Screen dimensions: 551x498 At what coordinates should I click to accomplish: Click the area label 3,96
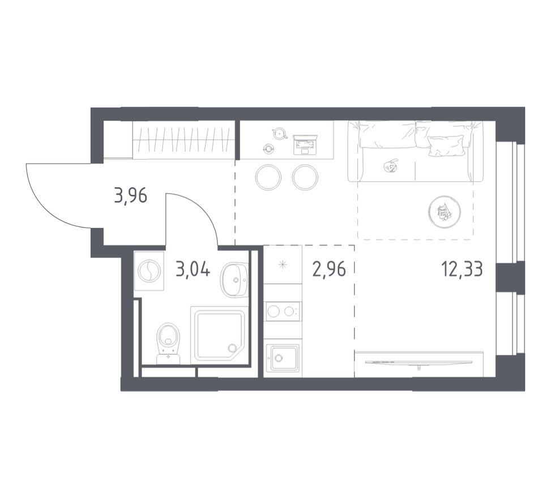130,196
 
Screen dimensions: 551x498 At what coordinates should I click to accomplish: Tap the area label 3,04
193,270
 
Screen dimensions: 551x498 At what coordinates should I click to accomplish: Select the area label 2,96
329,270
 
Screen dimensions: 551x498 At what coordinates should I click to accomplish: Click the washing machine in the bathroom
149,271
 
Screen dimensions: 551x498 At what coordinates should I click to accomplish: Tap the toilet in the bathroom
168,344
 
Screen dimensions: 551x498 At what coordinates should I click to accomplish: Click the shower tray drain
232,348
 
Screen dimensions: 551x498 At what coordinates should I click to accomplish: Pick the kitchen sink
283,358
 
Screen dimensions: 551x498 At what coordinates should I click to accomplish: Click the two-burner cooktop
283,311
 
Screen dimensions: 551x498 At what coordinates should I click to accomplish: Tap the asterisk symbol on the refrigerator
283,265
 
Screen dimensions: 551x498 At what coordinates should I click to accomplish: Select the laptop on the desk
305,144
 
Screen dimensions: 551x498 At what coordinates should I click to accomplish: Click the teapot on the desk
279,133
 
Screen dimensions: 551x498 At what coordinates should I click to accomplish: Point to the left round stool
268,177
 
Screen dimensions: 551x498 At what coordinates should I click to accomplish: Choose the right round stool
305,177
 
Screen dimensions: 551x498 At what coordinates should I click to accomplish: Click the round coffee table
445,212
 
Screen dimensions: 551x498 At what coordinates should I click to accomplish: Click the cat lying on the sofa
391,166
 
